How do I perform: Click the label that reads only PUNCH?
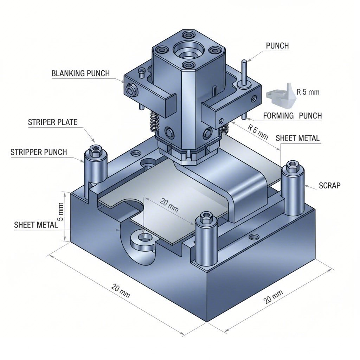pos(277,46)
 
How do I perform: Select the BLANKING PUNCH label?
pos(81,73)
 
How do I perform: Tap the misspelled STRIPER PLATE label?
pos(52,122)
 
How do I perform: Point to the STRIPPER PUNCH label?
pos(39,152)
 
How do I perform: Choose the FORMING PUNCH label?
pos(292,116)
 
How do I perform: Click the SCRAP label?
pos(329,185)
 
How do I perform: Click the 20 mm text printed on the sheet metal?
pos(169,205)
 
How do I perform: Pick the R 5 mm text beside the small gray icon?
pos(308,92)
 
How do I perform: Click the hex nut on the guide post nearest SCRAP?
pos(292,166)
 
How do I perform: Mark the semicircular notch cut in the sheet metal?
pos(131,207)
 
